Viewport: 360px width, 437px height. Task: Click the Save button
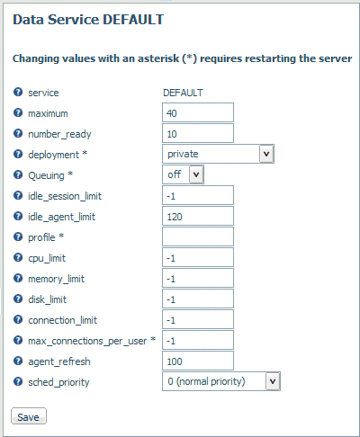click(29, 416)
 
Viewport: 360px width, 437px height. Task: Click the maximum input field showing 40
click(198, 112)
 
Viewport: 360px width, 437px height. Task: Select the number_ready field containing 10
click(198, 133)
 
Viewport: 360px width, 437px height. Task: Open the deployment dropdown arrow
click(266, 154)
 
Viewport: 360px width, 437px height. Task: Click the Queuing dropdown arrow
click(196, 174)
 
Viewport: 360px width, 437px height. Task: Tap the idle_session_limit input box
click(198, 195)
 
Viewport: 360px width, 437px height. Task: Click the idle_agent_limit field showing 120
click(198, 216)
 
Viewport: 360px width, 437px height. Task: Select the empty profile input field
click(198, 236)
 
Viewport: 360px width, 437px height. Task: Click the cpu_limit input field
click(198, 257)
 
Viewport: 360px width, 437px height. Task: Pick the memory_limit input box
click(198, 278)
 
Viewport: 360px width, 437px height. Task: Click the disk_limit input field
click(198, 299)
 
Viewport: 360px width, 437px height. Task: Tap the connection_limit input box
click(198, 319)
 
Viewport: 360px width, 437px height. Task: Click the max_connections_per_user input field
click(198, 340)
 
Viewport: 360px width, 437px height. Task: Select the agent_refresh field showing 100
click(198, 361)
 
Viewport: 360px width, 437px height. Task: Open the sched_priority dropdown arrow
click(273, 381)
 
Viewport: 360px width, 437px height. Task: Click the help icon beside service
click(18, 92)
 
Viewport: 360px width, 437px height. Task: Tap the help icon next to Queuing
click(18, 174)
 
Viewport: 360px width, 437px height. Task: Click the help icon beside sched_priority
click(18, 381)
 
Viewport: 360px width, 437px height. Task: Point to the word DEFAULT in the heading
click(133, 20)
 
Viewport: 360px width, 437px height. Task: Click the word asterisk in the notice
click(158, 58)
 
